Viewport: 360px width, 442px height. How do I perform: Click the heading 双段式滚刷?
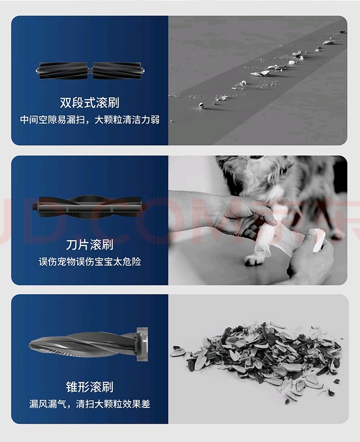90,102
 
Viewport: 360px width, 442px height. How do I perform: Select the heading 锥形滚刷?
90,386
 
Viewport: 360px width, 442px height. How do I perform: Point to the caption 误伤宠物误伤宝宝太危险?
90,262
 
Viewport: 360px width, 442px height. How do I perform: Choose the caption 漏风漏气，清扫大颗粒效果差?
90,404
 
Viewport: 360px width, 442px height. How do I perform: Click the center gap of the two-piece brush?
90,71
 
